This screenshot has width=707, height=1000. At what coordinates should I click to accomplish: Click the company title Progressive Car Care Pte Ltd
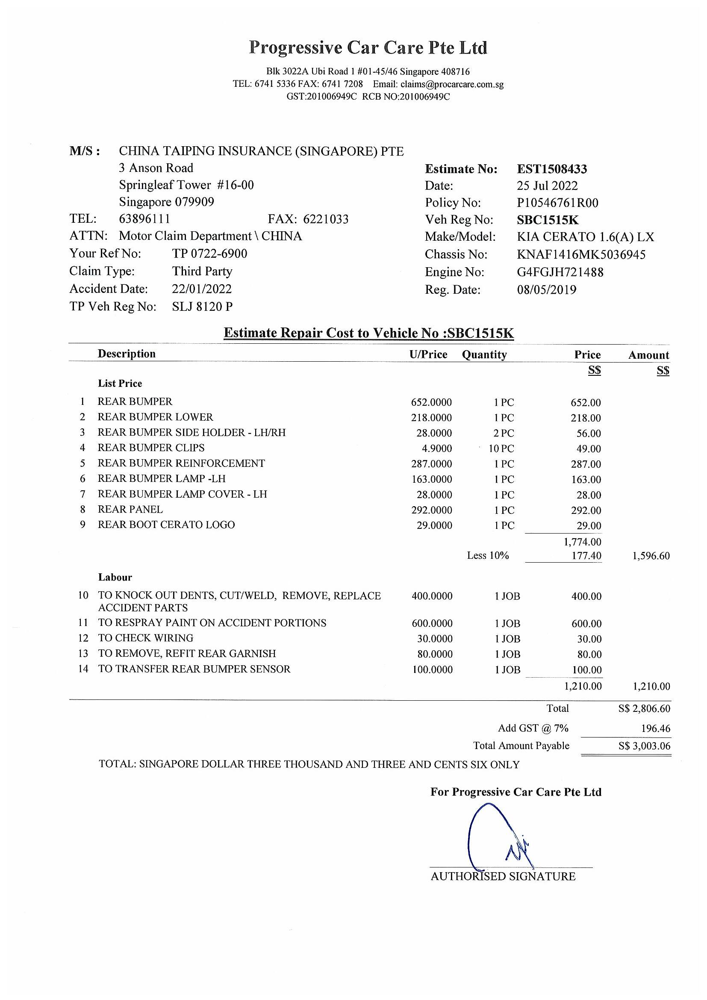coord(368,47)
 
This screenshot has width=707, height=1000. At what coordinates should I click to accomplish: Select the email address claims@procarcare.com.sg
coord(452,84)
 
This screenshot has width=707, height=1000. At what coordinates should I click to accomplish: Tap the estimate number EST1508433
coord(551,169)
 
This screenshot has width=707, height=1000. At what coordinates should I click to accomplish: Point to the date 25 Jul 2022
coord(547,186)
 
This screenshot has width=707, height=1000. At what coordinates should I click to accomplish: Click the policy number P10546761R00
coord(557,203)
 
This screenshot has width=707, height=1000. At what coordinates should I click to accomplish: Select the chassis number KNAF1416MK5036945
coord(581,254)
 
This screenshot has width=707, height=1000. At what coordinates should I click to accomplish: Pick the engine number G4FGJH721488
coord(560,272)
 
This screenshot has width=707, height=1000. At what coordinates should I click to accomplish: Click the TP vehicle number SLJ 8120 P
coord(202,307)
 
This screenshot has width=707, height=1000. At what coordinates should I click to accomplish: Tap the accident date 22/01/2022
coord(202,289)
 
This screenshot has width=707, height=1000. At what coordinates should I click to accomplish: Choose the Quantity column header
coord(484,354)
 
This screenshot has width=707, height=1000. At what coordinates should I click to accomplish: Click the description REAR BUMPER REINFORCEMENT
coord(181,463)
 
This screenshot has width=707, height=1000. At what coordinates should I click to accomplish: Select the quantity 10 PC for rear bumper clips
coord(501,448)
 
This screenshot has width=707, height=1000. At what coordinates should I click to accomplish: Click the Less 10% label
coord(488,555)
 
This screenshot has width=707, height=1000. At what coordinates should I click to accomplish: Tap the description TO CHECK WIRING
coord(145,638)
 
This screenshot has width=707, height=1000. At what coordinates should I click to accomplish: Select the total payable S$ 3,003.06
coord(644,746)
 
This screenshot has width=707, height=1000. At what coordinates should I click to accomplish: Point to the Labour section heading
coord(115,577)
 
